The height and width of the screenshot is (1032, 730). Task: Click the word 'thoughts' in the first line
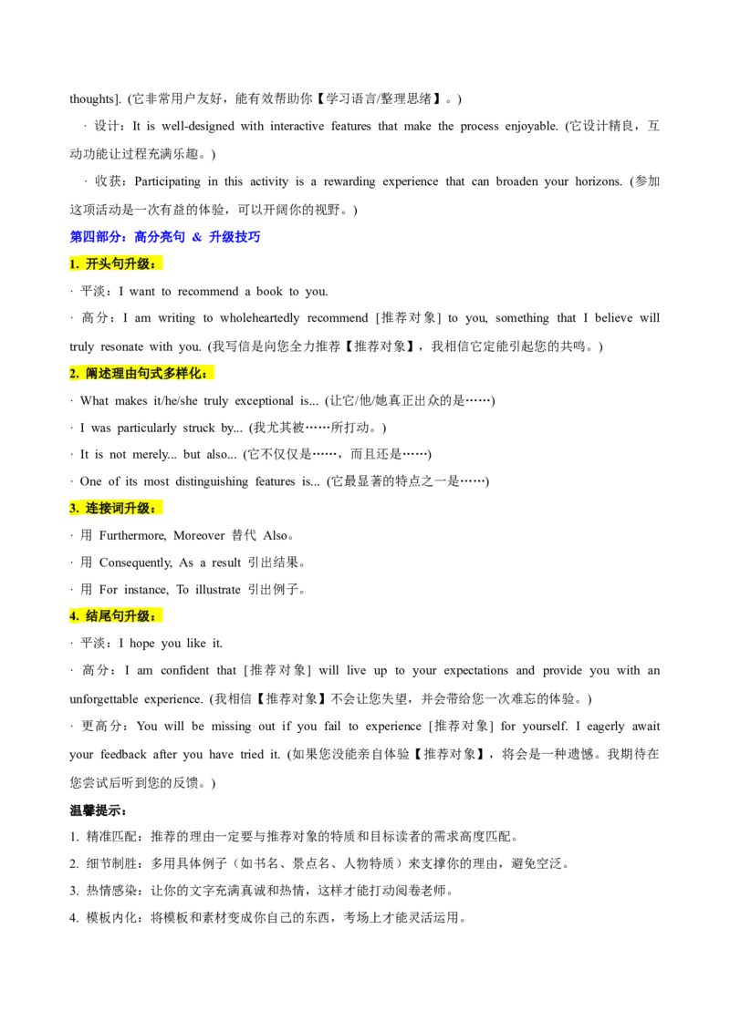pyautogui.click(x=92, y=99)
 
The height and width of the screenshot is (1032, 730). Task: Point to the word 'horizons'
pyautogui.click(x=599, y=181)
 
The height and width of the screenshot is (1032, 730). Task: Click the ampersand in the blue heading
pyautogui.click(x=197, y=237)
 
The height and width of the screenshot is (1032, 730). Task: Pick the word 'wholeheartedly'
pyautogui.click(x=259, y=318)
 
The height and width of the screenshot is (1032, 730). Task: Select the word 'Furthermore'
pyautogui.click(x=132, y=536)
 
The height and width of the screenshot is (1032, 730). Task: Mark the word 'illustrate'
pyautogui.click(x=217, y=590)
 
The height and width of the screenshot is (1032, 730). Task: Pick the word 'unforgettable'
pyautogui.click(x=103, y=699)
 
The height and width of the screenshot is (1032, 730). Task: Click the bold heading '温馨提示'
pyautogui.click(x=99, y=810)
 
